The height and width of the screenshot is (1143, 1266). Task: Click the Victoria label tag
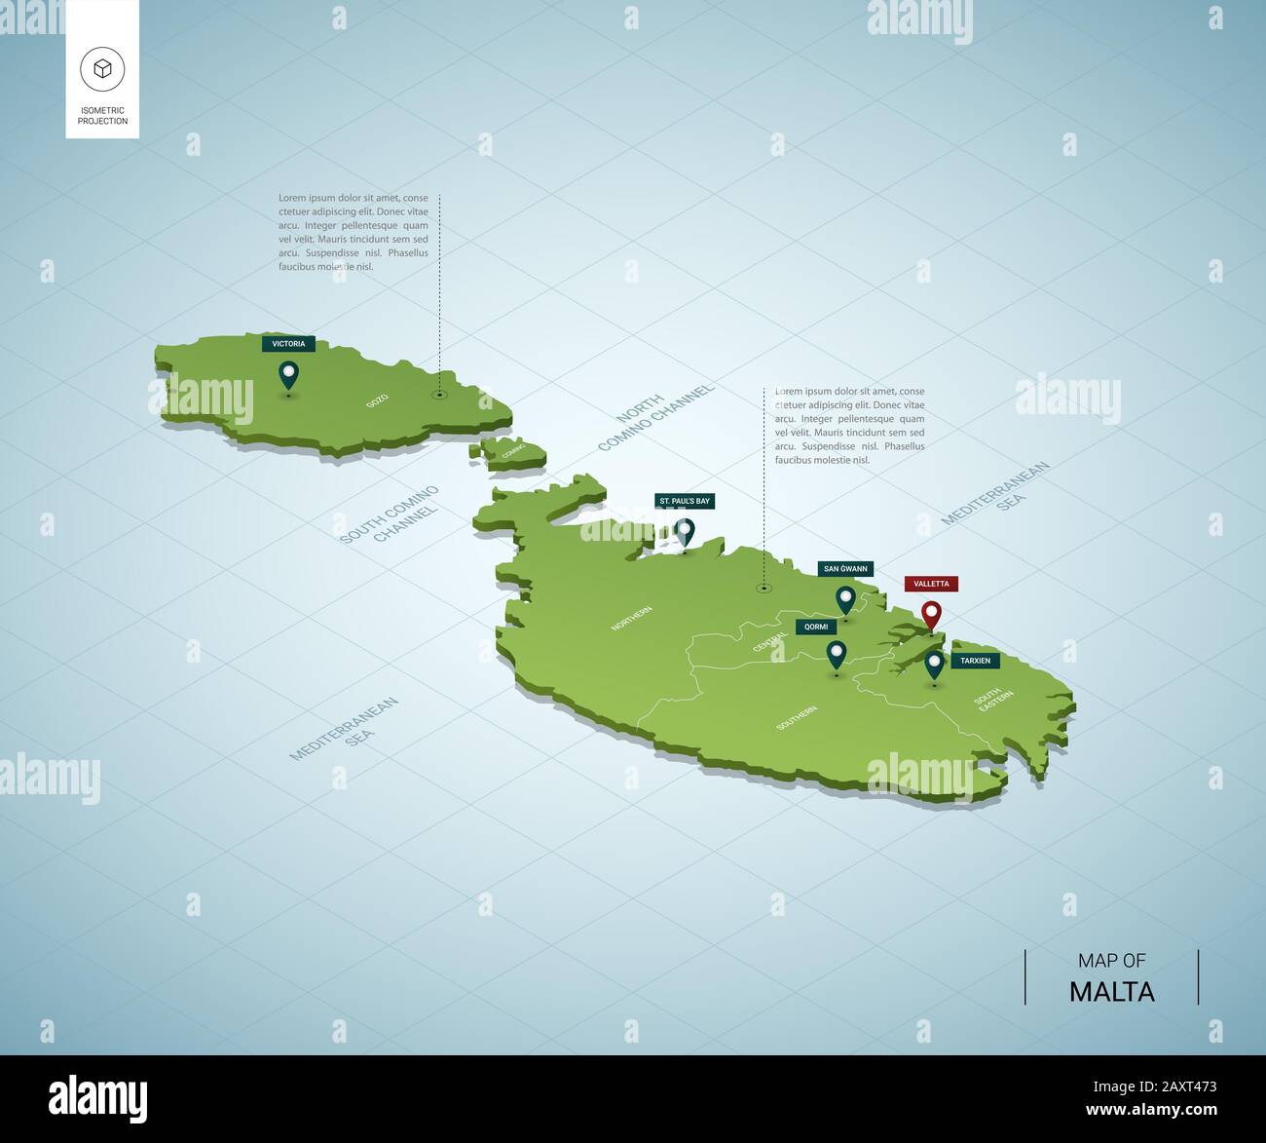tap(288, 344)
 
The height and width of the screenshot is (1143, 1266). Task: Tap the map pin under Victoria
tap(288, 374)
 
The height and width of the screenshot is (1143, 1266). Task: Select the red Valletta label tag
tap(931, 584)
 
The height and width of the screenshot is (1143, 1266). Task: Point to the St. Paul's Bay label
tap(685, 501)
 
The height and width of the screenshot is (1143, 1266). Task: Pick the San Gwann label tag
tap(845, 569)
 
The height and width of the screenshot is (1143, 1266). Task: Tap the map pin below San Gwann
tap(845, 599)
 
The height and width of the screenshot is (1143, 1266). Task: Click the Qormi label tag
tap(815, 627)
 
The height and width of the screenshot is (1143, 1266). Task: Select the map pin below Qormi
tap(836, 655)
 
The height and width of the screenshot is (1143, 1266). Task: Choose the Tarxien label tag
tap(975, 661)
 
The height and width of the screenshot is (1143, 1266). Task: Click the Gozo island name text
tap(377, 400)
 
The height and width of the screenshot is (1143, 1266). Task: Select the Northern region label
tap(631, 619)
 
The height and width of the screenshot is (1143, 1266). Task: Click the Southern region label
tap(797, 718)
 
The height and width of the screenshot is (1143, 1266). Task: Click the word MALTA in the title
tap(1111, 992)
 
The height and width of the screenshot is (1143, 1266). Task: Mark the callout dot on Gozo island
tap(440, 395)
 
